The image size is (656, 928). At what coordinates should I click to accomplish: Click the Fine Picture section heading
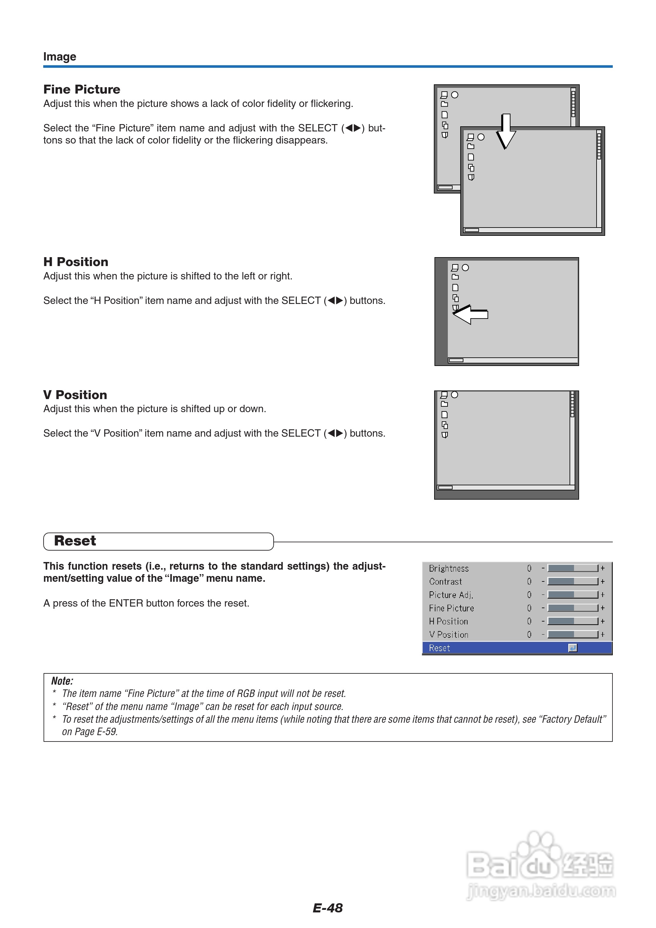pyautogui.click(x=82, y=89)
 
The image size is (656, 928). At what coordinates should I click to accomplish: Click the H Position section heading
pyautogui.click(x=76, y=262)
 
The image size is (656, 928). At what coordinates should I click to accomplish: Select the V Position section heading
pyautogui.click(x=75, y=395)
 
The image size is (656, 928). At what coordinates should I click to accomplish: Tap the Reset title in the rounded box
pyautogui.click(x=75, y=541)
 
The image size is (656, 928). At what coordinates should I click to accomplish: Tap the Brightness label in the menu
pyautogui.click(x=449, y=568)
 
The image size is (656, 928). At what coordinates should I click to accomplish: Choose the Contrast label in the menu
pyautogui.click(x=446, y=581)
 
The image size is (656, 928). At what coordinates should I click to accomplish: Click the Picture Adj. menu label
pyautogui.click(x=451, y=595)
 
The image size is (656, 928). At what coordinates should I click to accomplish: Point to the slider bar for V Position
pyautogui.click(x=572, y=635)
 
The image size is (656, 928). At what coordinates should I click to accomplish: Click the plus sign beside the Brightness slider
pyautogui.click(x=603, y=568)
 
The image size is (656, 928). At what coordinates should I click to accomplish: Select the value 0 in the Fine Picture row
pyautogui.click(x=529, y=608)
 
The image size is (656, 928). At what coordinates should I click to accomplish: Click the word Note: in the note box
pyautogui.click(x=62, y=681)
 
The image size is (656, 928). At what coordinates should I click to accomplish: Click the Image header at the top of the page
pyautogui.click(x=60, y=57)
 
